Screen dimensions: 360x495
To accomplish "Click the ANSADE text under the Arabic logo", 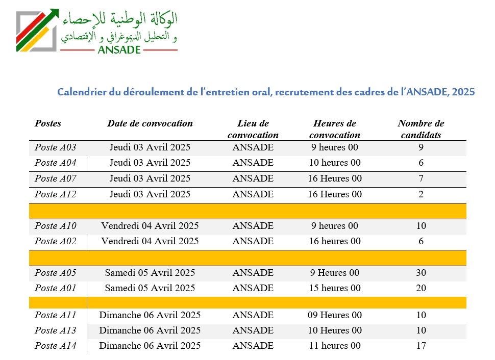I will pyautogui.click(x=118, y=50).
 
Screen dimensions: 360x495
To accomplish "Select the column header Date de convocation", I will pyautogui.click(x=150, y=123).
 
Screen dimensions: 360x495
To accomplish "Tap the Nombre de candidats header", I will pyautogui.click(x=421, y=129).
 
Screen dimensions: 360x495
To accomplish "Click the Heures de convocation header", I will pyautogui.click(x=335, y=129).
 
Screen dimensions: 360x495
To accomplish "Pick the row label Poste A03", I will pyautogui.click(x=55, y=148).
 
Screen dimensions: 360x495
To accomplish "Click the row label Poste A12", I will pyautogui.click(x=55, y=194).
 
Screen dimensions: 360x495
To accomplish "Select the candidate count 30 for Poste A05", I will pyautogui.click(x=421, y=273).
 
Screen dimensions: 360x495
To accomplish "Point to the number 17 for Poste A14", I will pyautogui.click(x=421, y=346).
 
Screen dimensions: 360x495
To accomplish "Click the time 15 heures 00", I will pyautogui.click(x=335, y=288).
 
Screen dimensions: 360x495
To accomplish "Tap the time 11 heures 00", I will pyautogui.click(x=335, y=346).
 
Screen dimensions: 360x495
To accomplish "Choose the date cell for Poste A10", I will pyautogui.click(x=150, y=226).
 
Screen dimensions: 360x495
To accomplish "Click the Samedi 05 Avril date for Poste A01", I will pyautogui.click(x=150, y=288).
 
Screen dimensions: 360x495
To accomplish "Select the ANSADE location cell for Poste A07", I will pyautogui.click(x=253, y=179).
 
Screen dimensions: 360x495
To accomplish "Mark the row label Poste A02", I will pyautogui.click(x=55, y=241).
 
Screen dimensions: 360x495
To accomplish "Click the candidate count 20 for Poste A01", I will pyautogui.click(x=421, y=288).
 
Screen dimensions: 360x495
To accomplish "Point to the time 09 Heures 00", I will pyautogui.click(x=335, y=315).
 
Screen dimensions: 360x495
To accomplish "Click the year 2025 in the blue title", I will pyautogui.click(x=464, y=92).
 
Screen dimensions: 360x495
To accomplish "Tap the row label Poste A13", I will pyautogui.click(x=55, y=330).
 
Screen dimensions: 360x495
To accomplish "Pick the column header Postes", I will pyautogui.click(x=48, y=123).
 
